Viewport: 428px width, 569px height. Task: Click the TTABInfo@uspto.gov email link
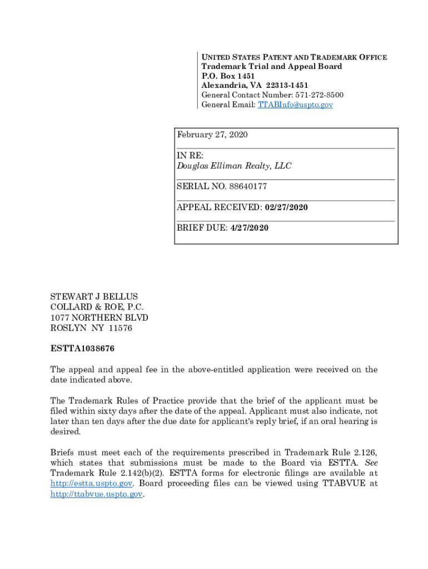click(x=295, y=104)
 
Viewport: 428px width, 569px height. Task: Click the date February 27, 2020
click(x=212, y=134)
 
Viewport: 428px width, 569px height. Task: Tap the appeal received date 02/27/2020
click(x=286, y=207)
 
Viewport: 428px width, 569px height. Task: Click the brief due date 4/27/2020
click(x=249, y=228)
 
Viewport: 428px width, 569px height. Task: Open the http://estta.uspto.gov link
click(x=91, y=483)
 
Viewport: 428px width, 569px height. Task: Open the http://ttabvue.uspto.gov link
click(x=97, y=494)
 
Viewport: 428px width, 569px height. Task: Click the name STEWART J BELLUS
click(x=94, y=297)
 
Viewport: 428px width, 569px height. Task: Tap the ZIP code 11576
click(x=121, y=328)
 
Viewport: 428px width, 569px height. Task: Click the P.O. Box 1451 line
click(x=228, y=76)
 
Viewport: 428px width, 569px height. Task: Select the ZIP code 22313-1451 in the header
click(x=287, y=86)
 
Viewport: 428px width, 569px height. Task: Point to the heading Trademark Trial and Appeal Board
click(x=271, y=67)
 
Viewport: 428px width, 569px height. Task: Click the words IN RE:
click(x=190, y=156)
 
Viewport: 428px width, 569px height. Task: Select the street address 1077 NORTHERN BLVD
click(x=99, y=317)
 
